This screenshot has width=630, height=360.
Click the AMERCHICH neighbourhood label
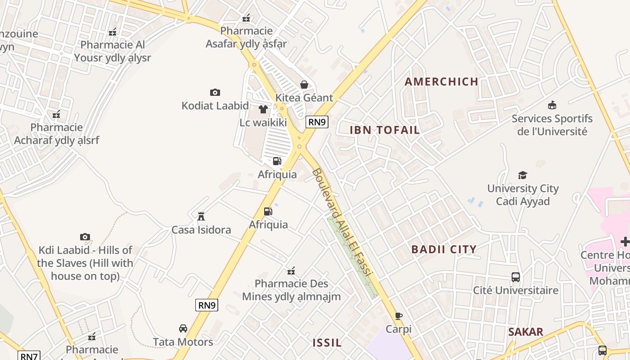point(441,81)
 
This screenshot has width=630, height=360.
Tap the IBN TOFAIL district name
point(385,130)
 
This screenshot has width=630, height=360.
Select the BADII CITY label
point(444,249)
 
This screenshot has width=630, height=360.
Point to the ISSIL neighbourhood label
point(327,342)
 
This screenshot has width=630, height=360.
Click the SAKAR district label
point(526,332)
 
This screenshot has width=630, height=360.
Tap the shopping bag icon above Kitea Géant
point(304,85)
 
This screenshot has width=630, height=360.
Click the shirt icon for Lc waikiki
point(263,109)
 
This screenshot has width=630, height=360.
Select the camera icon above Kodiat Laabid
point(215,92)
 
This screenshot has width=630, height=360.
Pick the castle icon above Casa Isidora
point(201,216)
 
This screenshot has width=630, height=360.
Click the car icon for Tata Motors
point(183,328)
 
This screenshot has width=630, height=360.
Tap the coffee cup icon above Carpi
point(398,316)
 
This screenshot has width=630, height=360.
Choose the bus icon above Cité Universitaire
point(516,277)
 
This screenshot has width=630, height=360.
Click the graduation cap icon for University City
point(522,175)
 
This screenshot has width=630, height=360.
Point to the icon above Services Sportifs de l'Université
point(552,105)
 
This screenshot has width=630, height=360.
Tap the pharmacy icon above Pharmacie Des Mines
point(292,271)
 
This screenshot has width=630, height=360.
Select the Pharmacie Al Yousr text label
point(112,51)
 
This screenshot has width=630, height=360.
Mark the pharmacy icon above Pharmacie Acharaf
point(56,114)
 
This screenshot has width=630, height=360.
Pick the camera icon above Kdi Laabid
point(85,237)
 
